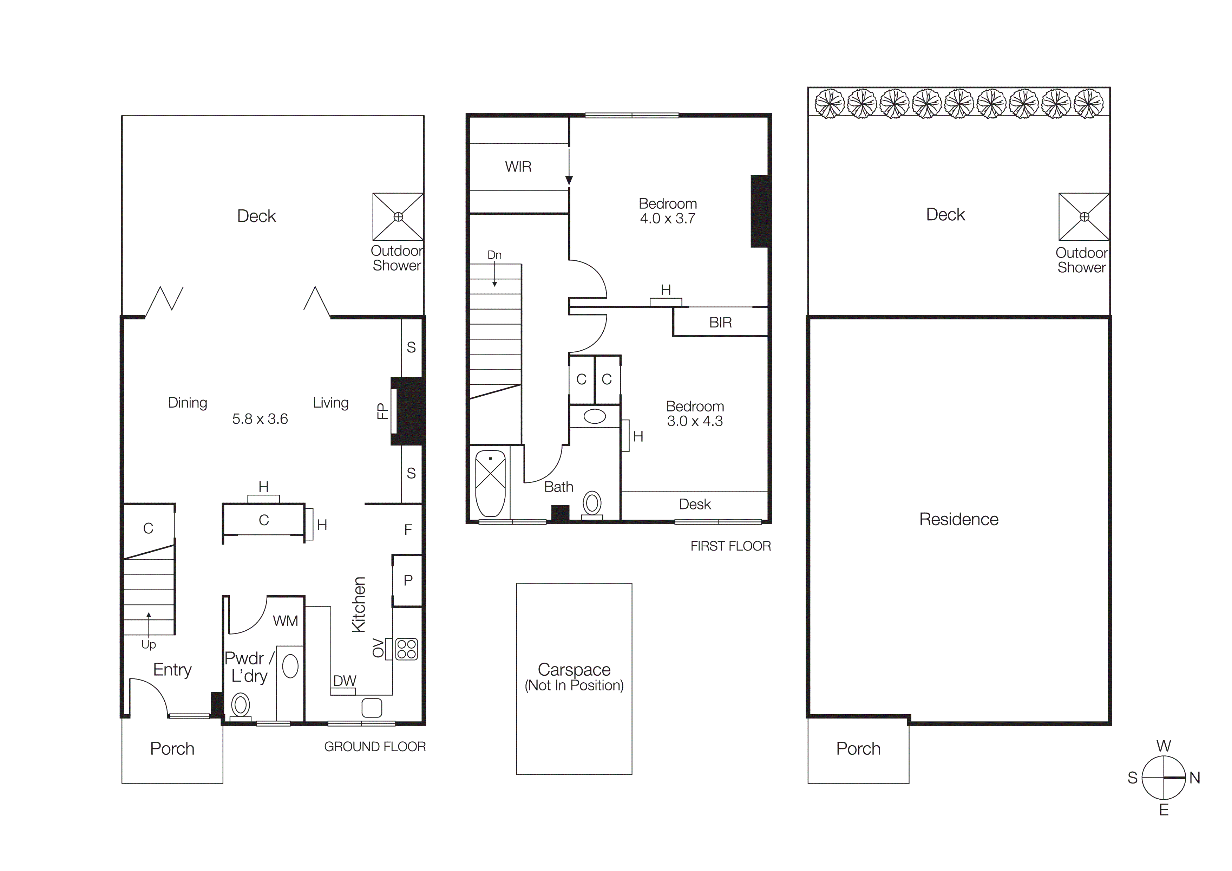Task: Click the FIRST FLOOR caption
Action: coord(730,546)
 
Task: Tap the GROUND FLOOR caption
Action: coord(374,747)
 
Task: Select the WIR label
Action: coord(518,167)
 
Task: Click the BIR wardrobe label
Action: coord(720,323)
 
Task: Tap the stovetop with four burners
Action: coord(406,649)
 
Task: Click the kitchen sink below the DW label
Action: coord(371,708)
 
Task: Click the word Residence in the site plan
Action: coord(958,520)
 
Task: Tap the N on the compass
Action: coord(1194,778)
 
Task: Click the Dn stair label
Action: coord(494,255)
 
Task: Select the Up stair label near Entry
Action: coord(149,644)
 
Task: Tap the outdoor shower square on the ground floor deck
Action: coord(398,217)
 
